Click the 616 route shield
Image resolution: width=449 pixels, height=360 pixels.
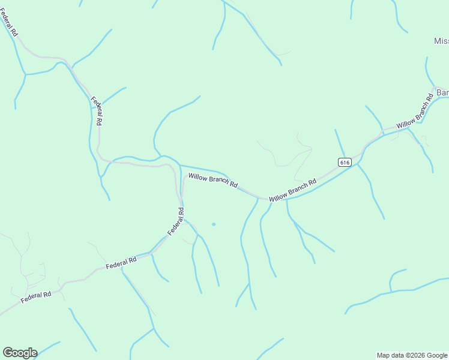[x=344, y=162]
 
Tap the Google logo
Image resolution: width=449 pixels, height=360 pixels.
[x=20, y=353]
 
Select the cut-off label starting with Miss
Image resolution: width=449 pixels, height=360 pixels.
[x=441, y=41]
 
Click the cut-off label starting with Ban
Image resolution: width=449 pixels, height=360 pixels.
[x=442, y=92]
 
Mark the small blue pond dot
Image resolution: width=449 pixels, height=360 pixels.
[x=213, y=224]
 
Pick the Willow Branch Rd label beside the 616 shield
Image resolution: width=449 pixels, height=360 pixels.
[x=292, y=190]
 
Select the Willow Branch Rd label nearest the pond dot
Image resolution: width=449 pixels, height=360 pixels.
[x=213, y=180]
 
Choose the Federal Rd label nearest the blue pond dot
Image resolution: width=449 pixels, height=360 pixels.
[x=176, y=221]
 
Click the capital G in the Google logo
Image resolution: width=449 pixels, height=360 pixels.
[x=8, y=353]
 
